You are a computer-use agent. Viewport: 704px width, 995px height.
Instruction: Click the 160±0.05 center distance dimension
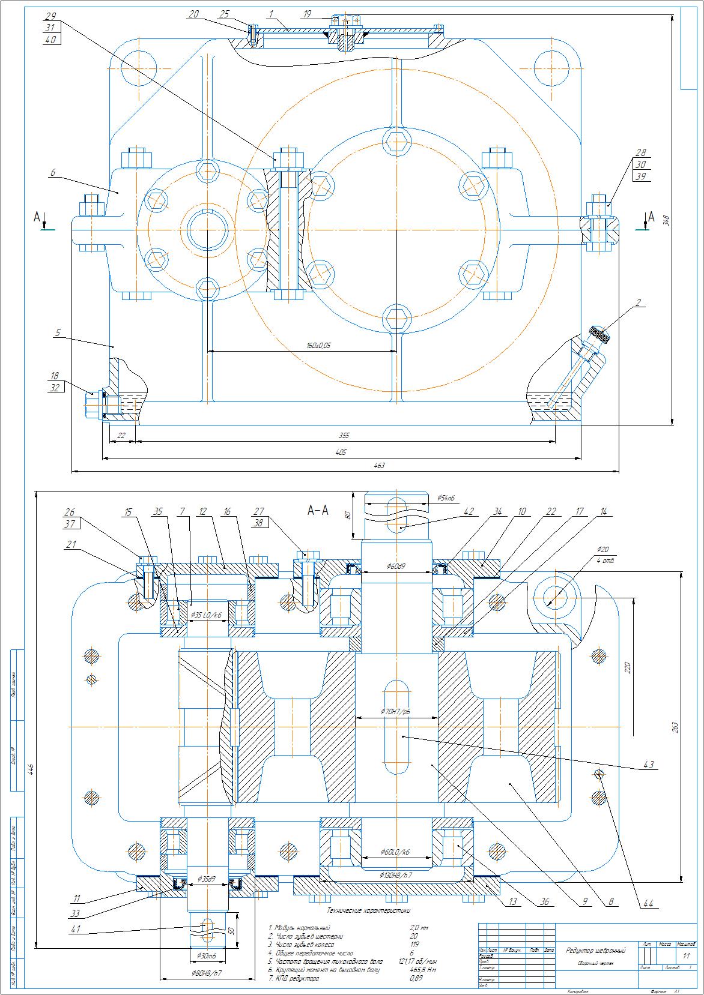tap(318, 346)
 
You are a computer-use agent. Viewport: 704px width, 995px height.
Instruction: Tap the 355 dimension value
tap(344, 436)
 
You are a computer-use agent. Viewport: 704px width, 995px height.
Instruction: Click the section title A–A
tap(318, 511)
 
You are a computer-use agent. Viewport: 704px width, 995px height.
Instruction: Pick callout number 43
tap(649, 765)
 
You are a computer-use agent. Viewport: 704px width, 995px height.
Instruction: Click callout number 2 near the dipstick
tap(638, 302)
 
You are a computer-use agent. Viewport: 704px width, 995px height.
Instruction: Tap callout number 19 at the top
tap(307, 13)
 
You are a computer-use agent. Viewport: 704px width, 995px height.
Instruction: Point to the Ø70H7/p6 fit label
tap(395, 712)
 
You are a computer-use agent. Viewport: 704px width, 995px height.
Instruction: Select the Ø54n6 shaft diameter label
tap(446, 498)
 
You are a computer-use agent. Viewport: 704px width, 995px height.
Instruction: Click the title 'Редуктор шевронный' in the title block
tap(595, 951)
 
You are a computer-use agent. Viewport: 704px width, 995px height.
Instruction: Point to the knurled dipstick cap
tap(599, 334)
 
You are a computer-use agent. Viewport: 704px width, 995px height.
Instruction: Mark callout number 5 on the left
tap(57, 332)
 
